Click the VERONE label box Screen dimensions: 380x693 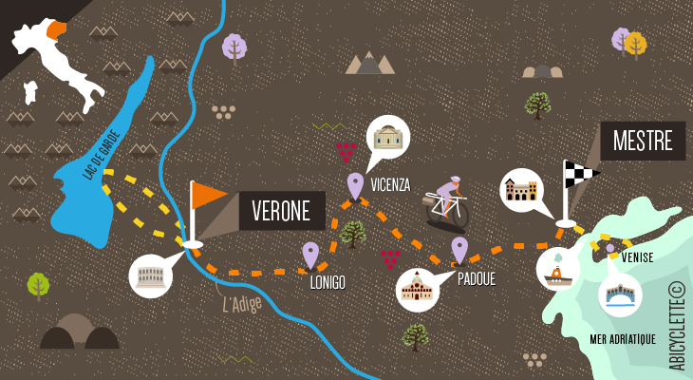[x=282, y=211]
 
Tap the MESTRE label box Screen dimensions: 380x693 [x=643, y=142]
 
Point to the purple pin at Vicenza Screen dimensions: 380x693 [x=356, y=184]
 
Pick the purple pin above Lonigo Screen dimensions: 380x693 [x=310, y=254]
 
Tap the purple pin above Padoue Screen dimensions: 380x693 [x=459, y=249]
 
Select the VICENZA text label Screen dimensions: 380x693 [x=391, y=185]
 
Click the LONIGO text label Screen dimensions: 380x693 [x=327, y=282]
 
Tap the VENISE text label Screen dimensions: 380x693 [x=637, y=256]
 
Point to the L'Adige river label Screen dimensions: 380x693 [x=241, y=304]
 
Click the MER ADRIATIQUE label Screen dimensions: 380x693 [x=624, y=339]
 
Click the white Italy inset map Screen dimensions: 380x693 [x=57, y=57]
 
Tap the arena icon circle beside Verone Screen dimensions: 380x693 [x=152, y=276]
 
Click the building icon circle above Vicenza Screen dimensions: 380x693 [x=387, y=139]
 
